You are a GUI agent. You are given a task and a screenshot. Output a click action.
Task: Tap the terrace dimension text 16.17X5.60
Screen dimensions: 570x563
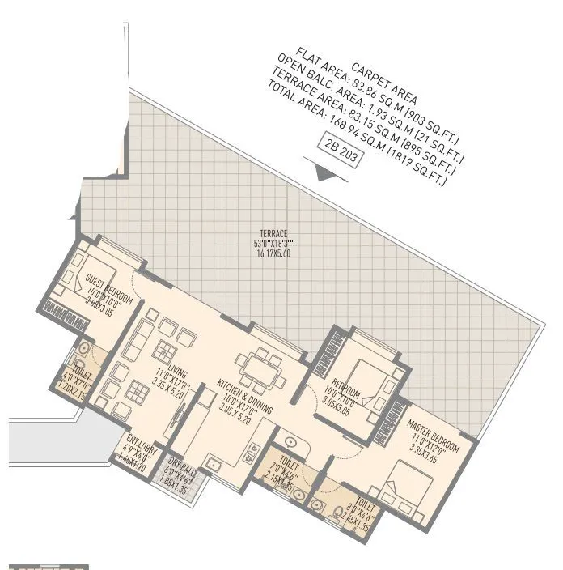pos(272,253)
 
